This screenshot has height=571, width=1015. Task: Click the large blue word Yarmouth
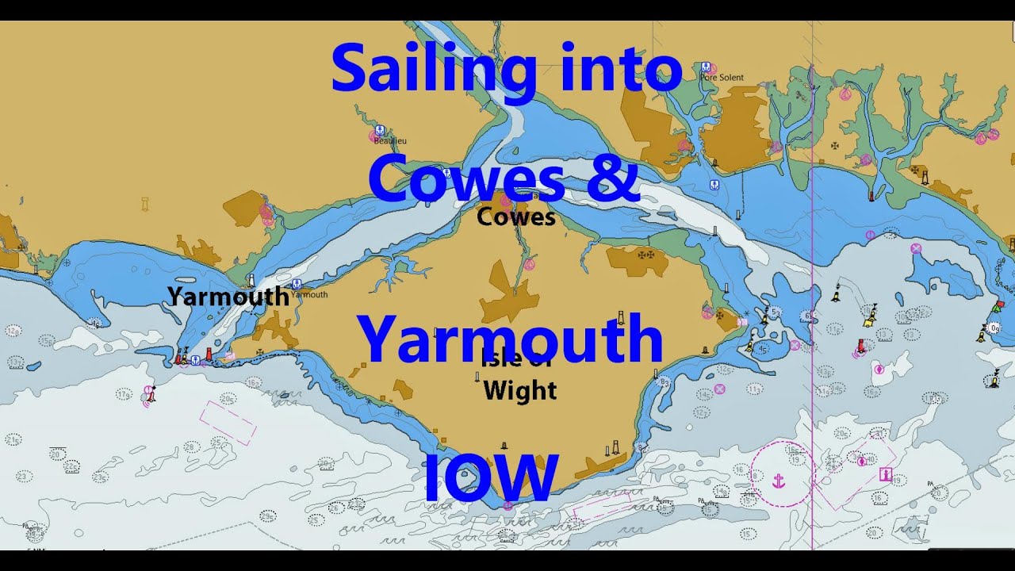[510, 339]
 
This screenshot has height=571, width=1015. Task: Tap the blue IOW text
[491, 477]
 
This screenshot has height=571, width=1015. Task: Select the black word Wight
[519, 390]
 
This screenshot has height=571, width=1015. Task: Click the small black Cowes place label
[515, 217]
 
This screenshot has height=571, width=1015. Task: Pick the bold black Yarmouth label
[228, 297]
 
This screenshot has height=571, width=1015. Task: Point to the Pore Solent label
[722, 78]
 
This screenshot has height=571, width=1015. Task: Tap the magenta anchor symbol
[779, 480]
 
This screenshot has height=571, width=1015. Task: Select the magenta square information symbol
[886, 474]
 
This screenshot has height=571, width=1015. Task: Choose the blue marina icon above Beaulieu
[379, 130]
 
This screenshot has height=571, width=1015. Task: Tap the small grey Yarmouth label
[308, 294]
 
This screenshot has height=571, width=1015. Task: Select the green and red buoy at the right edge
[997, 305]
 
